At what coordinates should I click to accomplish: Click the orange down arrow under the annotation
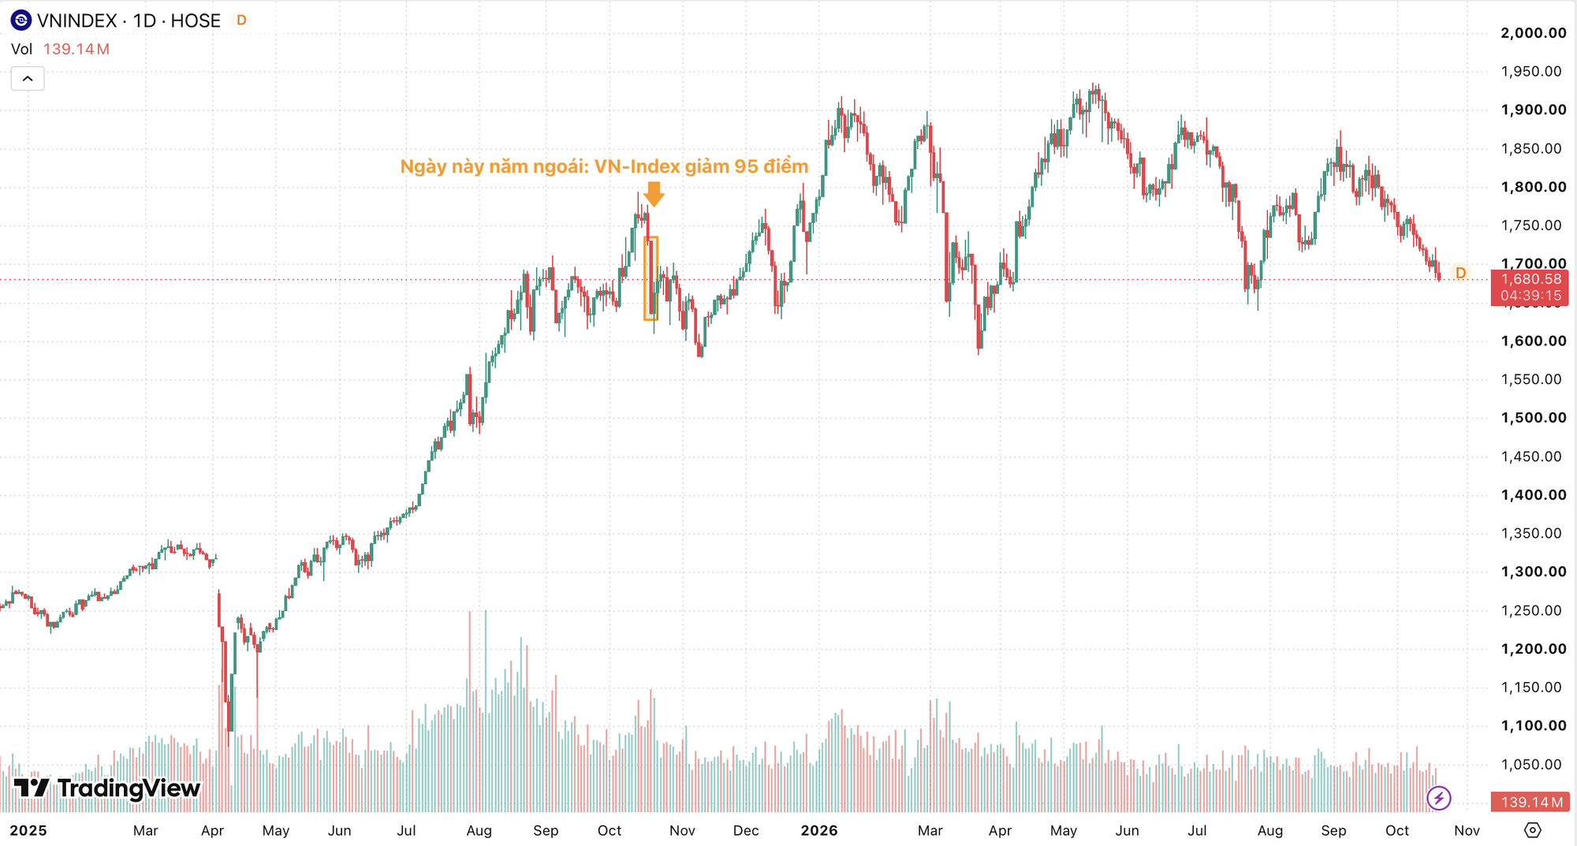pos(654,194)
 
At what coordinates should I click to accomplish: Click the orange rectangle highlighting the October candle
pos(645,278)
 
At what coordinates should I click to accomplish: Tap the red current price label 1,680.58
pos(1530,279)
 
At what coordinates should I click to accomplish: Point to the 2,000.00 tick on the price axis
pos(1533,33)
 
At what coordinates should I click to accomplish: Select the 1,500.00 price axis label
pos(1533,418)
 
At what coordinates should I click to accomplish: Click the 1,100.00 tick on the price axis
pos(1533,725)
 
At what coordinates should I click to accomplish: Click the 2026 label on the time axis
pos(818,830)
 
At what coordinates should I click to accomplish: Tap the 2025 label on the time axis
pos(28,830)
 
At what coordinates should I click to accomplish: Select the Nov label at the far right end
pos(1467,830)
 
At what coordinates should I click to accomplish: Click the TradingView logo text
pos(129,788)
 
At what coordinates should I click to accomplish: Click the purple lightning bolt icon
pos(1439,798)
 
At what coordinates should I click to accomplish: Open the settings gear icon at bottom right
pos(1532,830)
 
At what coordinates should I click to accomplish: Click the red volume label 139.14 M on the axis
pos(1530,802)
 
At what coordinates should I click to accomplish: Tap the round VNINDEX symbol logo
pos(21,20)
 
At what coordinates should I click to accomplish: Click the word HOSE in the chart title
pos(196,21)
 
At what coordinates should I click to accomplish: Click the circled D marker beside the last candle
pos(1460,273)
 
